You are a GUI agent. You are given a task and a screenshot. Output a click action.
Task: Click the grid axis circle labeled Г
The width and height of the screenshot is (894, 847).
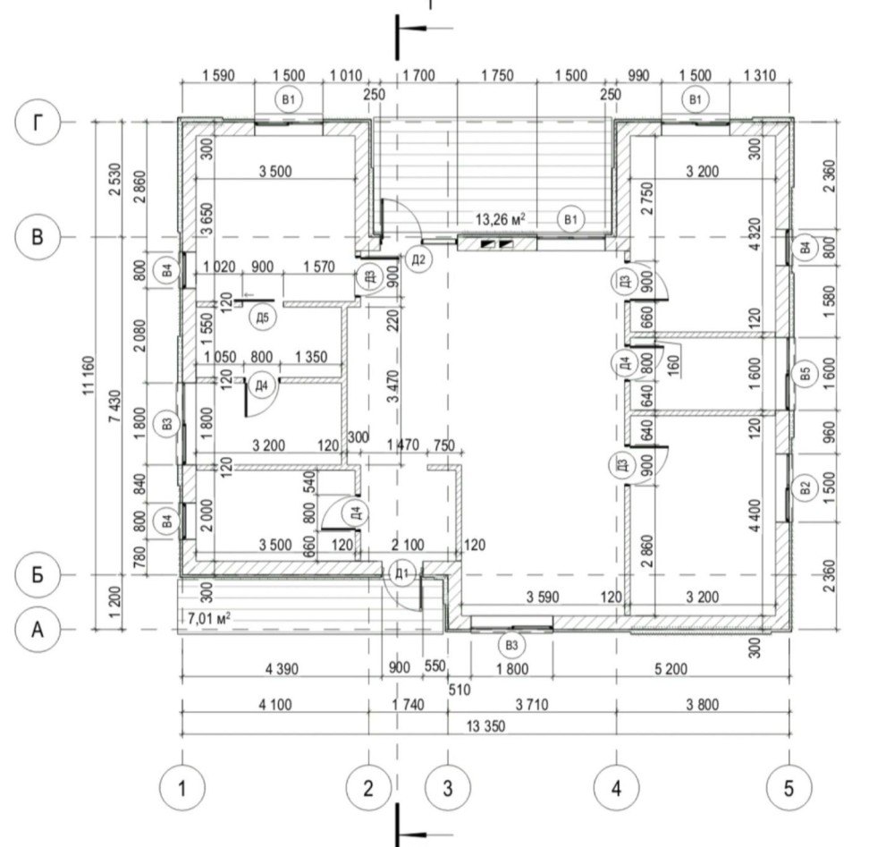point(37,122)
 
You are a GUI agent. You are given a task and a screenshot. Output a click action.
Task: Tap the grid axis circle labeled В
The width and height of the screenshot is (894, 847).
point(37,237)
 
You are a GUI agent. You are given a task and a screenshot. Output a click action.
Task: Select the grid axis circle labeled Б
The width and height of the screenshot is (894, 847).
point(37,574)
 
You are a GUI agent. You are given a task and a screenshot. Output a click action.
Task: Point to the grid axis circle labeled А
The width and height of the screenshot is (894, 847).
point(37,630)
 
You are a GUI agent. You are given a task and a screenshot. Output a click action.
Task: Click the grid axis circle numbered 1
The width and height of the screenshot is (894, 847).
point(181,788)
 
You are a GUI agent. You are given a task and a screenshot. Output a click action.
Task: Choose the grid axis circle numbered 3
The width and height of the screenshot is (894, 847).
point(448,788)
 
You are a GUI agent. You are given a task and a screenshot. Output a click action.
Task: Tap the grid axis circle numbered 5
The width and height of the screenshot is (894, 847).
point(789,788)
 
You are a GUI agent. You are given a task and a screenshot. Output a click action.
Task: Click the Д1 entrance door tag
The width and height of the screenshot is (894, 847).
point(402,572)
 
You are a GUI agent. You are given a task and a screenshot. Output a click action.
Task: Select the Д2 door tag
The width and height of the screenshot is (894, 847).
point(418,259)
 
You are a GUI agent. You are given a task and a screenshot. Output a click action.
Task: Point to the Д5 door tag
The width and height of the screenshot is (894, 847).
point(262,318)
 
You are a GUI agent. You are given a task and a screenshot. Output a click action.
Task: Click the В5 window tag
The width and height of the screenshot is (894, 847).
point(805,374)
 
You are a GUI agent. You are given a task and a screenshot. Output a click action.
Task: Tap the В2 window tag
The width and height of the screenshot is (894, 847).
point(805,488)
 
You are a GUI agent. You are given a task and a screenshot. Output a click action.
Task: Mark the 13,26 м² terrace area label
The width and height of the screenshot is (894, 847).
point(500,219)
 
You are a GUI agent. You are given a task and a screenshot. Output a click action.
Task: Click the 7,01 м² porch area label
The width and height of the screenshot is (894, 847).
point(209,618)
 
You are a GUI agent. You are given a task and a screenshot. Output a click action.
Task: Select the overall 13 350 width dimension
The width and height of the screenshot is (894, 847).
point(485,726)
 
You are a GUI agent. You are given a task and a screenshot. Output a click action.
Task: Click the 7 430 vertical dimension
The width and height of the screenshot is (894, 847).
point(114,406)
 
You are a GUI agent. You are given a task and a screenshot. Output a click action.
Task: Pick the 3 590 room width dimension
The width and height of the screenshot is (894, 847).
point(543,597)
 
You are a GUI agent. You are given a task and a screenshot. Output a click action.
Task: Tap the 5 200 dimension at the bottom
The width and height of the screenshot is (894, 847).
point(670,668)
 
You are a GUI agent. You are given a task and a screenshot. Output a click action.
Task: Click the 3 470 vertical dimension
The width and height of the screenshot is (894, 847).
point(392,386)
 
